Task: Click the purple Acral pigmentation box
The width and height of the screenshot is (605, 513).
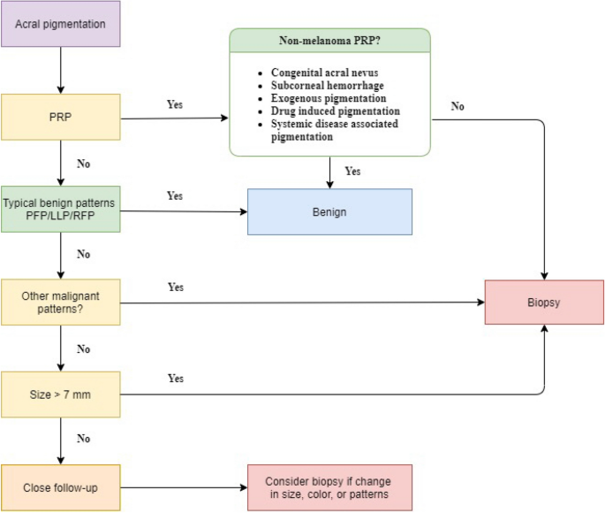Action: [x=61, y=24]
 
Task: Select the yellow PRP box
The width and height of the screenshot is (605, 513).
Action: [x=61, y=118]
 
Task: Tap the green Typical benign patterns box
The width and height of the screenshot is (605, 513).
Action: [x=61, y=210]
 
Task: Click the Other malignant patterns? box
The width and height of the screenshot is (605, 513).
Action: [x=61, y=302]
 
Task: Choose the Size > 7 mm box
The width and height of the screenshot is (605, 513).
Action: [x=61, y=394]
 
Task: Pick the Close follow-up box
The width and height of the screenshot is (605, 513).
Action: [x=61, y=487]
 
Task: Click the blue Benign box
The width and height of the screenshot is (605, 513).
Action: [x=329, y=211]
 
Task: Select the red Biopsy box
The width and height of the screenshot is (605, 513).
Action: [x=544, y=302]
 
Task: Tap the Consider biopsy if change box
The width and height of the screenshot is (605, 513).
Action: [x=329, y=487]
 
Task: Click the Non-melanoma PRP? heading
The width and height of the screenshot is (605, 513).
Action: [x=330, y=40]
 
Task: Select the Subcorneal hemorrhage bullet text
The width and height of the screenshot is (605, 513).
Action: [x=323, y=86]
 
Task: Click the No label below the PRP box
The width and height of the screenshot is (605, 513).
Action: [x=83, y=164]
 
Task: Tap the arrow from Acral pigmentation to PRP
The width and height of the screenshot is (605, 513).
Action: [x=61, y=71]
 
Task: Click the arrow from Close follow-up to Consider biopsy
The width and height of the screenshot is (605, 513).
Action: [x=182, y=487]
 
